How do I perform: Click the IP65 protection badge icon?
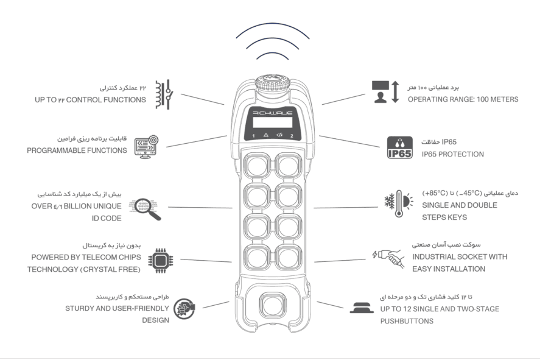pos(399,147)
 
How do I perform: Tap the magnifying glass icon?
pos(145,209)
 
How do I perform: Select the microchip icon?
pos(161,261)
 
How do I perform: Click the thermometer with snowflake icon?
pos(399,203)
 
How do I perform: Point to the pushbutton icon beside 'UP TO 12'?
pos(362,308)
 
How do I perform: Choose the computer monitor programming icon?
pos(146,147)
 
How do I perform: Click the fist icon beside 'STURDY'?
pos(184,309)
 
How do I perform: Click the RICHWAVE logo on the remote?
pos(272,113)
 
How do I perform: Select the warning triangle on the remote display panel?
pos(266,135)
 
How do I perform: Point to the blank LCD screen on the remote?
pos(272,122)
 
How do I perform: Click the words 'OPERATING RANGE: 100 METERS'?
pos(463,99)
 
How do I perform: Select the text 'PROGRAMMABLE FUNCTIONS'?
pos(77,150)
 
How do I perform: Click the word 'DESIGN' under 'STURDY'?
pos(155,320)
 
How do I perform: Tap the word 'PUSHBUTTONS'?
pos(407,321)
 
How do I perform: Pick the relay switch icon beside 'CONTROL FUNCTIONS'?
pos(164,95)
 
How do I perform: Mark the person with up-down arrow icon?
pos(385,92)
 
